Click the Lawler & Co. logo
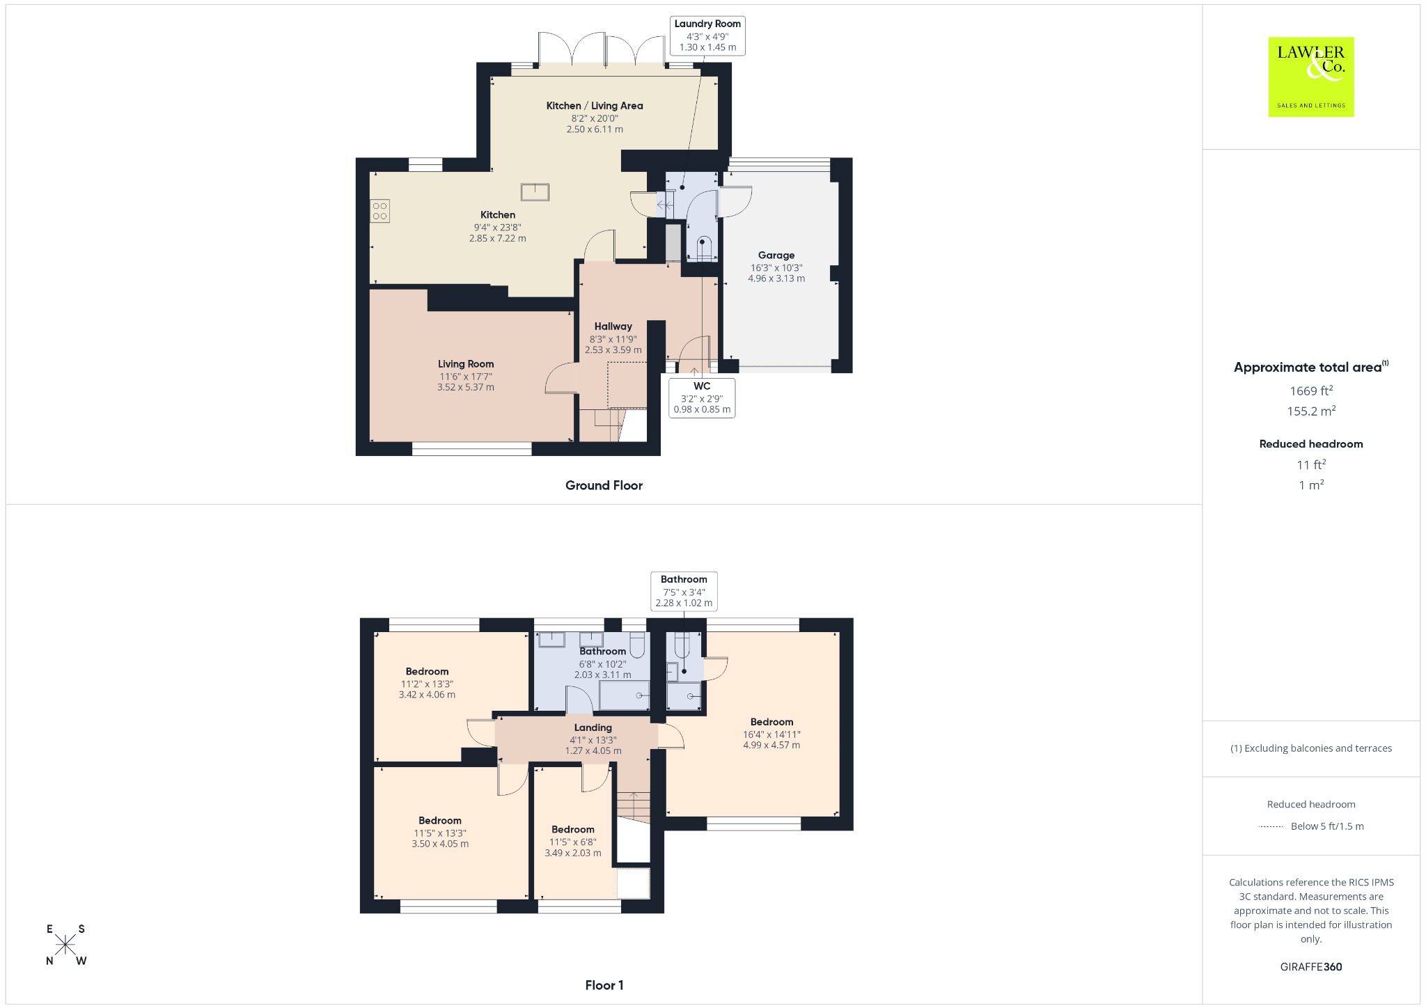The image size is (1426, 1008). [1310, 77]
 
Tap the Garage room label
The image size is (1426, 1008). [776, 255]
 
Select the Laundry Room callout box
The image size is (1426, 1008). [707, 36]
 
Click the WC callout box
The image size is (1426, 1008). [702, 397]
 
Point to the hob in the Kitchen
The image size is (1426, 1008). [380, 211]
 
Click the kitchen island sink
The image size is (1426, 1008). [535, 191]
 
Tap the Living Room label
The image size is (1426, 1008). [466, 364]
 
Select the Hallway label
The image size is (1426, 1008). [613, 326]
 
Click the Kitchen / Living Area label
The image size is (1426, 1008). [595, 106]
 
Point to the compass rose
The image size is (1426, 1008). [65, 945]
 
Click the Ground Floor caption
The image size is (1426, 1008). [604, 486]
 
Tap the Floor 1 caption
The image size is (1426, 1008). [604, 985]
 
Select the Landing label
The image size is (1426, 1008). [593, 727]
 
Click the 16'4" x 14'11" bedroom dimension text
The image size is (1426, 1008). [771, 734]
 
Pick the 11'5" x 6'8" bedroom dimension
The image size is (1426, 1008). [573, 842]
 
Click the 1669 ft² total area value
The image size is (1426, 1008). [1310, 391]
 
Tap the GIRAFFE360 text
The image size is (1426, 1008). [1311, 967]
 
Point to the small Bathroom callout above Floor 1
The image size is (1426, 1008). [684, 591]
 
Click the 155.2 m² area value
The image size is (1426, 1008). [1310, 411]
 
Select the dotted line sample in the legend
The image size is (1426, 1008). [1271, 827]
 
